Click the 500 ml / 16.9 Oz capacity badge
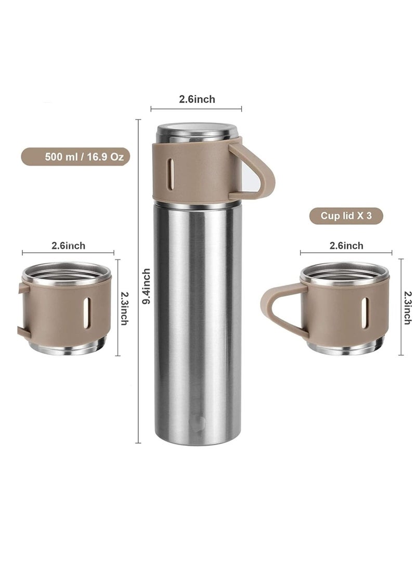pyautogui.click(x=75, y=157)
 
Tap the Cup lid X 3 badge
pyautogui.click(x=346, y=216)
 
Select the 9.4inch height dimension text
pyautogui.click(x=147, y=286)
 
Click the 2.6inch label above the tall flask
pyautogui.click(x=197, y=99)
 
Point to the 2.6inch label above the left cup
pyautogui.click(x=68, y=245)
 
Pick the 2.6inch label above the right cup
pyautogui.click(x=346, y=245)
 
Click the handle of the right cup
pyautogui.click(x=276, y=310)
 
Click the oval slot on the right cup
pyautogui.click(x=365, y=313)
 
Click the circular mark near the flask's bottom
pyautogui.click(x=197, y=422)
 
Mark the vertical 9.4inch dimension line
pyautogui.click(x=138, y=364)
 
